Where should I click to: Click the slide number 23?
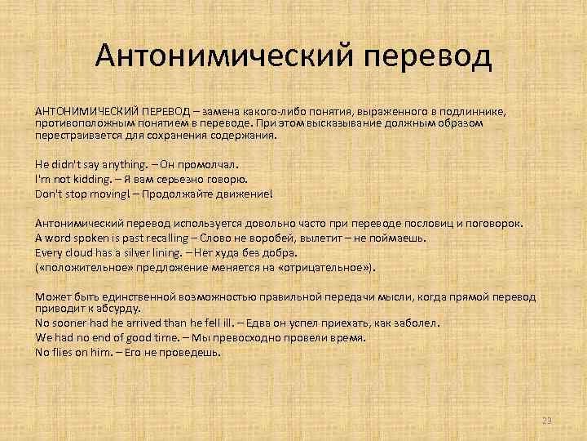[546, 421]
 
